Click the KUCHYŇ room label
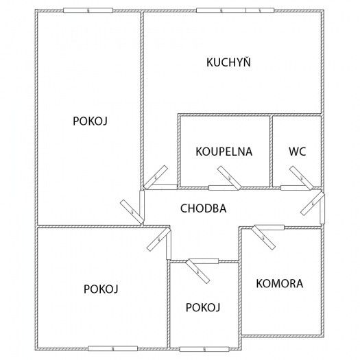[x=228, y=62]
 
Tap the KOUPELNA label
[x=224, y=152]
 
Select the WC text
[x=298, y=152]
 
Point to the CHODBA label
[x=204, y=208]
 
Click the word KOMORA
[x=280, y=283]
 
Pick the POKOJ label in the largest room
[x=91, y=121]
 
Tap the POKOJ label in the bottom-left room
[x=101, y=289]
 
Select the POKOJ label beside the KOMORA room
[x=203, y=307]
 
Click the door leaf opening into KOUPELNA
[x=229, y=178]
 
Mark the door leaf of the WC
[x=301, y=178]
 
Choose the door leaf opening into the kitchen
[x=156, y=177]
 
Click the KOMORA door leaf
[x=263, y=238]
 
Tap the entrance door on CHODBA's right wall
[x=313, y=204]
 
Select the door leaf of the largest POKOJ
[x=132, y=212]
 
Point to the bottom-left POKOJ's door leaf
[x=159, y=239]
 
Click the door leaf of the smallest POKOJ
[x=198, y=272]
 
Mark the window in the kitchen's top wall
[x=235, y=10]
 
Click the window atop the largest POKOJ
[x=88, y=10]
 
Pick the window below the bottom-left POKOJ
[x=113, y=348]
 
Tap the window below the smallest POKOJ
[x=204, y=349]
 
